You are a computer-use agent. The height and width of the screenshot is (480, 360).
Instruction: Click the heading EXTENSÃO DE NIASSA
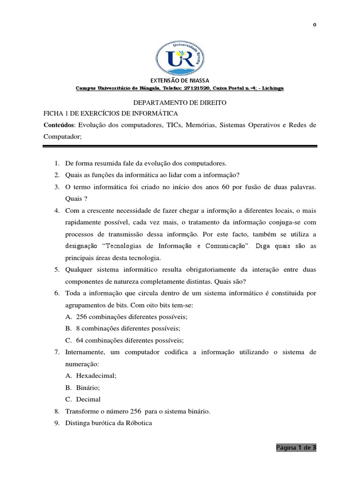180,80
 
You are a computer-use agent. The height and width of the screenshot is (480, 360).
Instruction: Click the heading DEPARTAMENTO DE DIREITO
180,102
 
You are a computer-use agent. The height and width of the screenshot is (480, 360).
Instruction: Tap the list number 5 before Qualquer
55,270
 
